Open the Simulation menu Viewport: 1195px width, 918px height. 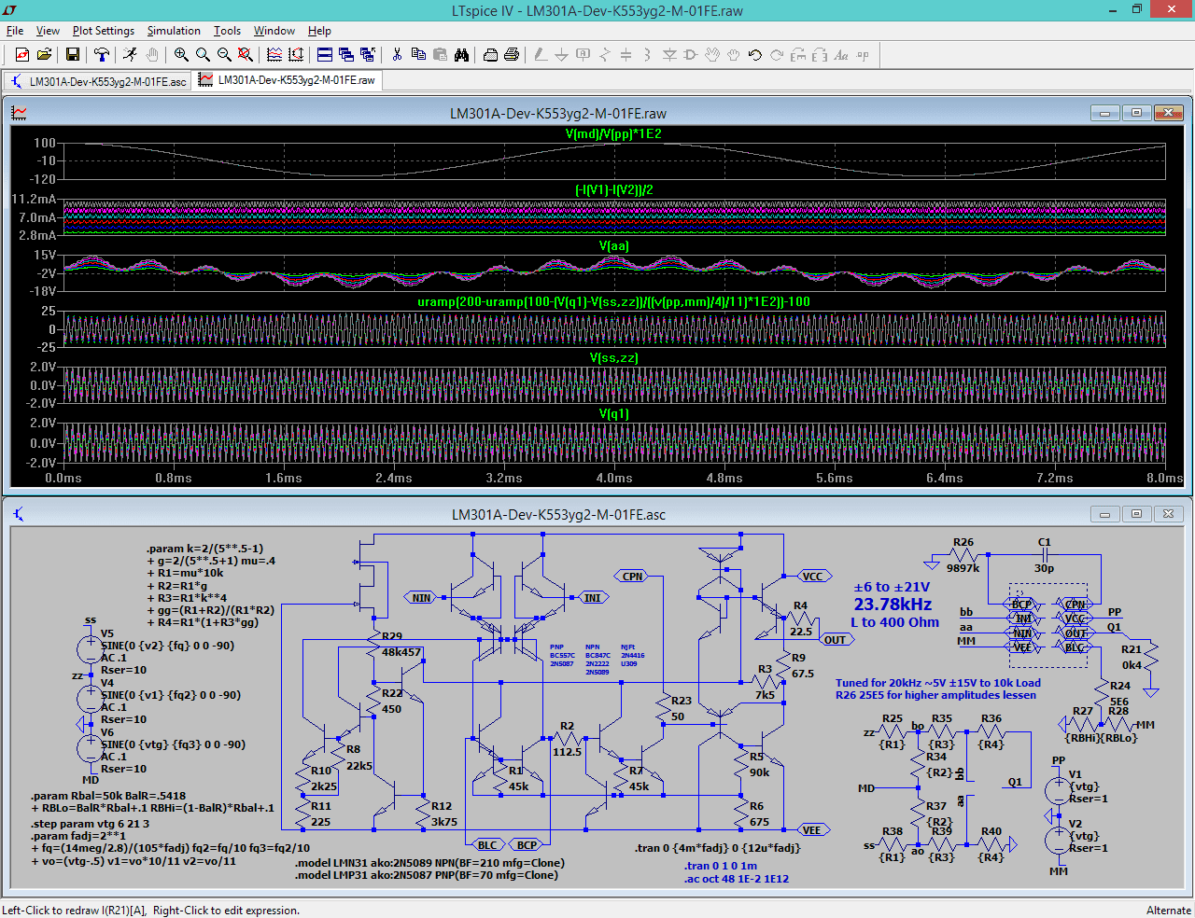tap(174, 31)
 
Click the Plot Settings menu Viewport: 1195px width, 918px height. tap(103, 31)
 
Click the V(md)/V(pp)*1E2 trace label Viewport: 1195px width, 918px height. tap(613, 133)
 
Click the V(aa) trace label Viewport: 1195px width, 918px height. tap(613, 245)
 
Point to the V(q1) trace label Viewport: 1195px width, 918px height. tap(613, 413)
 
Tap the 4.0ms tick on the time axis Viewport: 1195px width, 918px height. tap(614, 478)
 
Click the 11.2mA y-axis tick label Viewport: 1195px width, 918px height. tap(34, 199)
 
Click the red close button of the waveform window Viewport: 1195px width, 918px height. tap(1168, 113)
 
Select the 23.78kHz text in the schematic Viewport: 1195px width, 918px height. tap(893, 605)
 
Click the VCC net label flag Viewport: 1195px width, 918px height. tap(812, 576)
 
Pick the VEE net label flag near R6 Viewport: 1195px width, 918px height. tap(812, 830)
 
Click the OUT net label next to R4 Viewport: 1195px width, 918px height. tap(835, 640)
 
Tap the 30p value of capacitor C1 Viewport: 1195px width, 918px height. tap(1044, 568)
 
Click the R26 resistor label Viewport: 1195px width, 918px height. tap(963, 542)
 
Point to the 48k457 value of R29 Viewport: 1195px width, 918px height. tap(401, 652)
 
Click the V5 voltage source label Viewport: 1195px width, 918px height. tap(107, 633)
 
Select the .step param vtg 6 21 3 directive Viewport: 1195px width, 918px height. tap(91, 824)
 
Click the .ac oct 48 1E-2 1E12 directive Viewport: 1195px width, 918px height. tap(736, 879)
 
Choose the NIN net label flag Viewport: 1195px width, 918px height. tap(421, 597)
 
